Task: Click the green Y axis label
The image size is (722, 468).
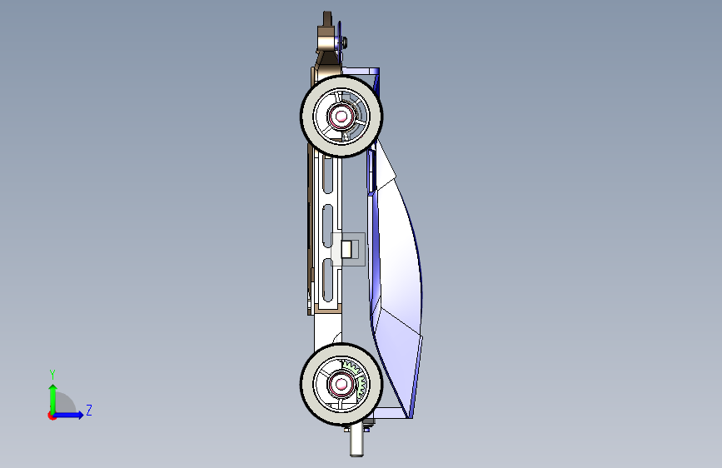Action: [x=52, y=374]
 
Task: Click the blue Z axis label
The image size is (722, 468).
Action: [x=89, y=410]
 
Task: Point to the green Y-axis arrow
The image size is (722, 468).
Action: [x=53, y=399]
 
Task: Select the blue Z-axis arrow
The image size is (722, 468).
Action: [x=68, y=415]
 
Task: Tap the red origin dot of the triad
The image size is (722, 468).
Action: [x=52, y=416]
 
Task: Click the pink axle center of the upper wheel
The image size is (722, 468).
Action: [x=341, y=117]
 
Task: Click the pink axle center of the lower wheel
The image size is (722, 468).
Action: [x=341, y=384]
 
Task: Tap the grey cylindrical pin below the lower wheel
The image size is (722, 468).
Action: [x=356, y=441]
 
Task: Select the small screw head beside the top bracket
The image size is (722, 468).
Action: [x=345, y=42]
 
